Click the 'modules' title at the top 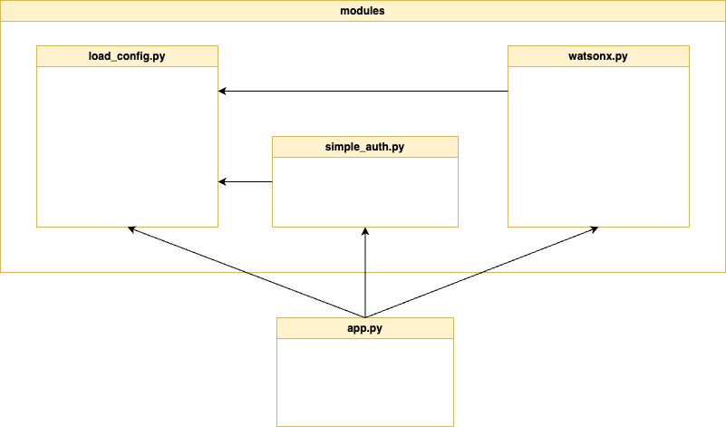pos(363,12)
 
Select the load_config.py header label pos(127,56)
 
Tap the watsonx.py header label pos(598,56)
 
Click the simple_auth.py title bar pos(364,147)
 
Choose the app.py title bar pos(364,328)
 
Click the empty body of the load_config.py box pos(127,145)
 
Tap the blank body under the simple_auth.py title pos(364,191)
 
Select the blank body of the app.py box pos(364,381)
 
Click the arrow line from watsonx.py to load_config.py pos(363,91)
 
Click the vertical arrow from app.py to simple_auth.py pos(365,272)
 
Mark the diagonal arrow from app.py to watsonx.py pos(480,272)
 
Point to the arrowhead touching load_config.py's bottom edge pos(132,229)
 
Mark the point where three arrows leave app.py pos(365,317)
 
